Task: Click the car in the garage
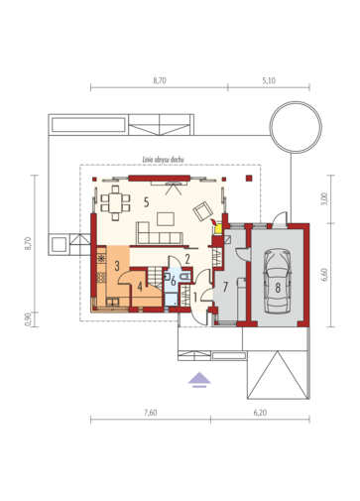(278, 282)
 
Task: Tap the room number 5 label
(146, 201)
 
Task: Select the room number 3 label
(117, 266)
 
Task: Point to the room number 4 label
(140, 287)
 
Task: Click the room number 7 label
(225, 287)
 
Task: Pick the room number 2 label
(187, 259)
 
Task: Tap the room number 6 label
(174, 282)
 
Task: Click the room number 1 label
(195, 298)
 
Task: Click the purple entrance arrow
(199, 379)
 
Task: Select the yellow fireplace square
(218, 229)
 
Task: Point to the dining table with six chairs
(115, 202)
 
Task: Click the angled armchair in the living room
(203, 211)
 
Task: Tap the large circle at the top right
(296, 127)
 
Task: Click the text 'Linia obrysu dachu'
(164, 160)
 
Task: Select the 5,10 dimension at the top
(269, 80)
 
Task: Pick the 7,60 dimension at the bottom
(151, 413)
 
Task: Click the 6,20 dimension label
(260, 413)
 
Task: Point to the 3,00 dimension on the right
(324, 198)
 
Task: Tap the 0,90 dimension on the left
(28, 319)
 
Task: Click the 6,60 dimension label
(324, 275)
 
